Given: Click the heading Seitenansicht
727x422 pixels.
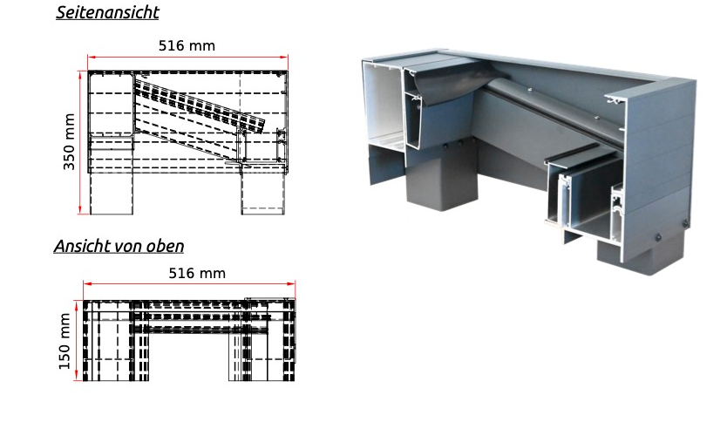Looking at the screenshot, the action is point(107,12).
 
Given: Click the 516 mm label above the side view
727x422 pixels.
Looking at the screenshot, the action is point(187,46).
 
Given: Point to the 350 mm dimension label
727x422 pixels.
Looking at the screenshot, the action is point(69,142).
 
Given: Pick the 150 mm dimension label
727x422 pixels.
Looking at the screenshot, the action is point(65,341).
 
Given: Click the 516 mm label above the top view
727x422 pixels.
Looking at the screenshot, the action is point(197,273).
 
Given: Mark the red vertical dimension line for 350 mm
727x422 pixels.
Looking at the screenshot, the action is point(81,142).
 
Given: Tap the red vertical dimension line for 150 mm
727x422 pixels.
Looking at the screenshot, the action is point(76,340).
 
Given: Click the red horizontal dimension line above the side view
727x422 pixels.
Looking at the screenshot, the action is point(187,57).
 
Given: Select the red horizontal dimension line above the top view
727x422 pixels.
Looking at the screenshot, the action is point(189,284).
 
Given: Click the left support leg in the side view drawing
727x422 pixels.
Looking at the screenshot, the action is point(112,194).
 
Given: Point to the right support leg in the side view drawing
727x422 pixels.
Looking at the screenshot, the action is point(263,194).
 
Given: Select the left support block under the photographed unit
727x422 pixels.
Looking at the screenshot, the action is point(442,179).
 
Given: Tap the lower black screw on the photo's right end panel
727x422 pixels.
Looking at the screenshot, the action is point(659,237).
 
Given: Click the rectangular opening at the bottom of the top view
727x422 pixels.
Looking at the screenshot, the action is point(189,357).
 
